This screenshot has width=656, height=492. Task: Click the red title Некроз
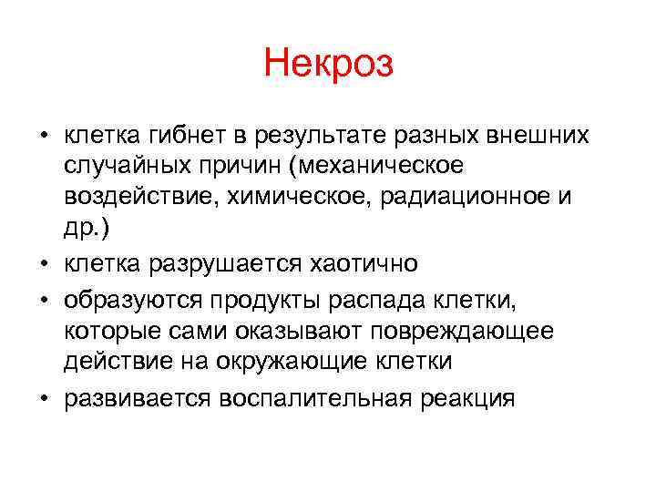(x=328, y=65)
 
